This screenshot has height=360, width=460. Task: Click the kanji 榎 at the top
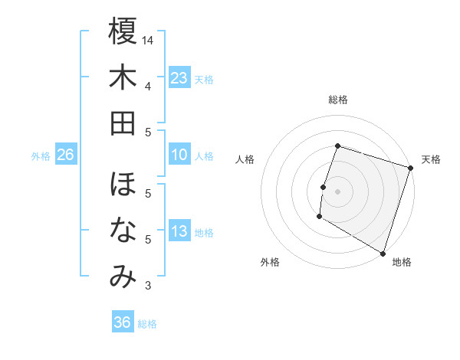pyautogui.click(x=123, y=32)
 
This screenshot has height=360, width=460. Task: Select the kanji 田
pyautogui.click(x=123, y=123)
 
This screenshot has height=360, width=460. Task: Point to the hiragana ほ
pyautogui.click(x=123, y=185)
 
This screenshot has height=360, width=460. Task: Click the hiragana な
pyautogui.click(x=123, y=231)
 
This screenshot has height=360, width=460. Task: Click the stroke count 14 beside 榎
pyautogui.click(x=149, y=39)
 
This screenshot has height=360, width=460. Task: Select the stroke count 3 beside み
pyautogui.click(x=147, y=286)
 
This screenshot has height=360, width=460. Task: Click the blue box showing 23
pyautogui.click(x=179, y=78)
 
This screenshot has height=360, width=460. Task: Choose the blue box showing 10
pyautogui.click(x=179, y=155)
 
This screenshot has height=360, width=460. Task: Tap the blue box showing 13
pyautogui.click(x=179, y=232)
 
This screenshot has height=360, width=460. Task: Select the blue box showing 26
pyautogui.click(x=65, y=155)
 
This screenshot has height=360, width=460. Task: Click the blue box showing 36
pyautogui.click(x=122, y=322)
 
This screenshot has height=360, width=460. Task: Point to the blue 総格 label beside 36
pyautogui.click(x=147, y=323)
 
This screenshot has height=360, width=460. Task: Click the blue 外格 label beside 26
pyautogui.click(x=41, y=156)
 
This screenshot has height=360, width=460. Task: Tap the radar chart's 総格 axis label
pyautogui.click(x=337, y=100)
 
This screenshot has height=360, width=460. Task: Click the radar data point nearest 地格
pyautogui.click(x=383, y=253)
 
